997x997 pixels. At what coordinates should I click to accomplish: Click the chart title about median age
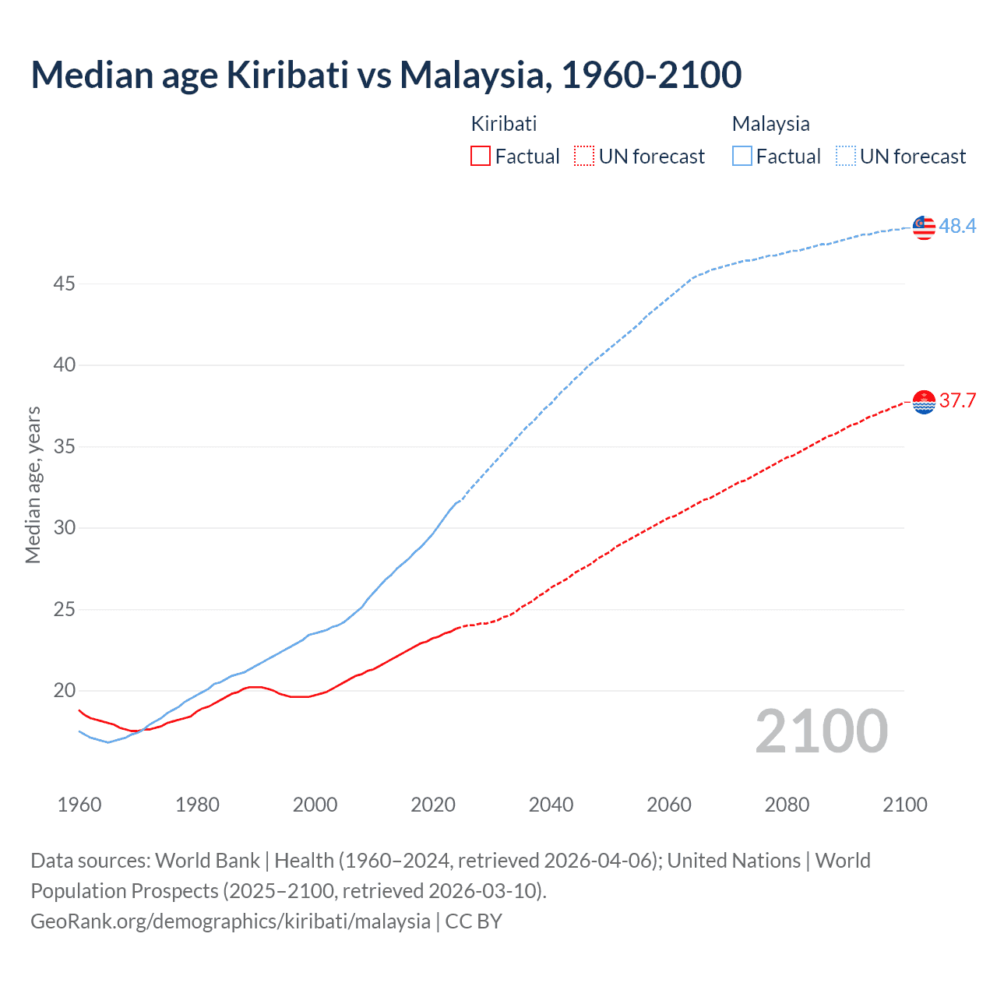pyautogui.click(x=386, y=75)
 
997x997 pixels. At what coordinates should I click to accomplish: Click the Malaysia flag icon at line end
pyautogui.click(x=924, y=227)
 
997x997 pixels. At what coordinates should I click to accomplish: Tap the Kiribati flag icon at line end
pyautogui.click(x=924, y=402)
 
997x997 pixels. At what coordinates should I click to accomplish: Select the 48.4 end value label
pyautogui.click(x=957, y=226)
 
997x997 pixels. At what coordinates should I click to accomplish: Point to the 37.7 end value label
pyautogui.click(x=957, y=401)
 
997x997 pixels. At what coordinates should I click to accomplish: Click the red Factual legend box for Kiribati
pyautogui.click(x=481, y=157)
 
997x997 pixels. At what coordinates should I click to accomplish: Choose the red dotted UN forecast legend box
pyautogui.click(x=584, y=157)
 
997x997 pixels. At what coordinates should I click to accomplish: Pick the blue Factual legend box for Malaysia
pyautogui.click(x=742, y=157)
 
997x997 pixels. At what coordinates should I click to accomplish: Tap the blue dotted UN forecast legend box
pyautogui.click(x=845, y=157)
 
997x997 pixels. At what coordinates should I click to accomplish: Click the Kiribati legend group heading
pyautogui.click(x=504, y=124)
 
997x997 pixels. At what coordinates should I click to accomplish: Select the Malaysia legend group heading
pyautogui.click(x=770, y=124)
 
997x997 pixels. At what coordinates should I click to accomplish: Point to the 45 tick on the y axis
pyautogui.click(x=64, y=284)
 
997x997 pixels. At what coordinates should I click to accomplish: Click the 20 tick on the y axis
pyautogui.click(x=64, y=691)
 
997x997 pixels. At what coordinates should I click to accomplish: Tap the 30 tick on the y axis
pyautogui.click(x=64, y=528)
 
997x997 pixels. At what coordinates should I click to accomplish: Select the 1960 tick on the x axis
pyautogui.click(x=79, y=805)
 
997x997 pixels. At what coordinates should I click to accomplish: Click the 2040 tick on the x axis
pyautogui.click(x=551, y=805)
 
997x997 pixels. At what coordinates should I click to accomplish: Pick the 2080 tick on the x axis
pyautogui.click(x=787, y=805)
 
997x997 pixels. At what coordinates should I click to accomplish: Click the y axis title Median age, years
pyautogui.click(x=33, y=484)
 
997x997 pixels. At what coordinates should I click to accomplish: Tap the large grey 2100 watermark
pyautogui.click(x=821, y=731)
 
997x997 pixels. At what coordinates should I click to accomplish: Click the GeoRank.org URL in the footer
pyautogui.click(x=231, y=921)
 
